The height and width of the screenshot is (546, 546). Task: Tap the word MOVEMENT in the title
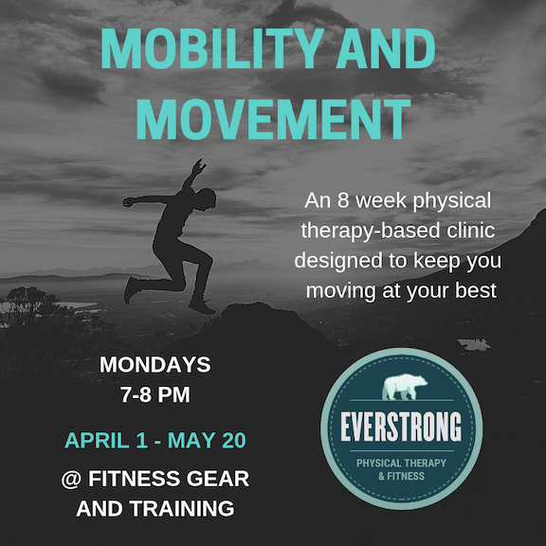(x=273, y=119)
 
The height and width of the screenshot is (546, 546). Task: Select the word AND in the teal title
(x=386, y=48)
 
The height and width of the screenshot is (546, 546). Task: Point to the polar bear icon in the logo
(x=405, y=387)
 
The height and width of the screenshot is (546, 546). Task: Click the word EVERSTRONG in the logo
(x=401, y=427)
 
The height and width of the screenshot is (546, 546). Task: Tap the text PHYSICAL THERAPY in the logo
(x=401, y=463)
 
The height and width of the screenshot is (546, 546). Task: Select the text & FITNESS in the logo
(x=401, y=476)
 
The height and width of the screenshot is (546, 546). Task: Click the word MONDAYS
(x=155, y=365)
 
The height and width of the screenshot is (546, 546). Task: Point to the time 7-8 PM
(x=155, y=394)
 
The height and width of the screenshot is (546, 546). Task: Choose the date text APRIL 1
(x=106, y=440)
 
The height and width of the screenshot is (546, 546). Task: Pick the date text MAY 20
(x=207, y=440)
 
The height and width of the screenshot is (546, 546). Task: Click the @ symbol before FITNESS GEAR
(x=71, y=479)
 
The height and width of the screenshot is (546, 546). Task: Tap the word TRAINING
(x=182, y=508)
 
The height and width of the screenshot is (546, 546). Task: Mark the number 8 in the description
(x=342, y=201)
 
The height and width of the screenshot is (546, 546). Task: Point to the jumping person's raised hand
(x=199, y=167)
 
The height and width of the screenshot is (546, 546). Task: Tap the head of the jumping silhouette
(x=208, y=199)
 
